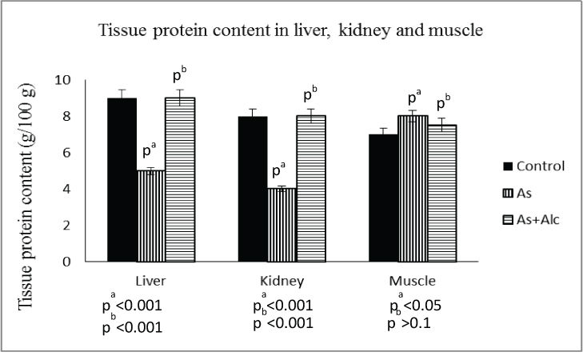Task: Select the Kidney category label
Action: pos(282,284)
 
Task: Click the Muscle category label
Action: pos(412,284)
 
